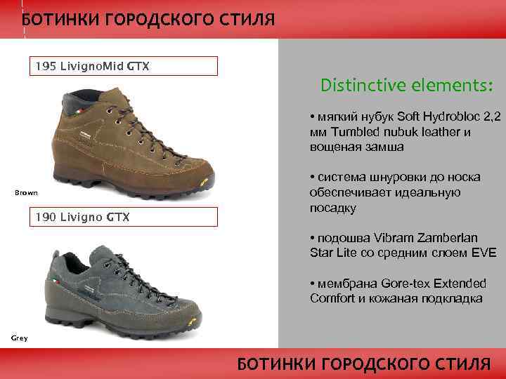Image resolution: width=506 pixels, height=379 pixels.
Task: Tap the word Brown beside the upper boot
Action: point(27,192)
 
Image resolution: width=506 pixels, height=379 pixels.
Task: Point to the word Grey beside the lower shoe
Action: point(19,338)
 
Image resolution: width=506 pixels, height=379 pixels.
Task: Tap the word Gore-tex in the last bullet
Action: point(407,284)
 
